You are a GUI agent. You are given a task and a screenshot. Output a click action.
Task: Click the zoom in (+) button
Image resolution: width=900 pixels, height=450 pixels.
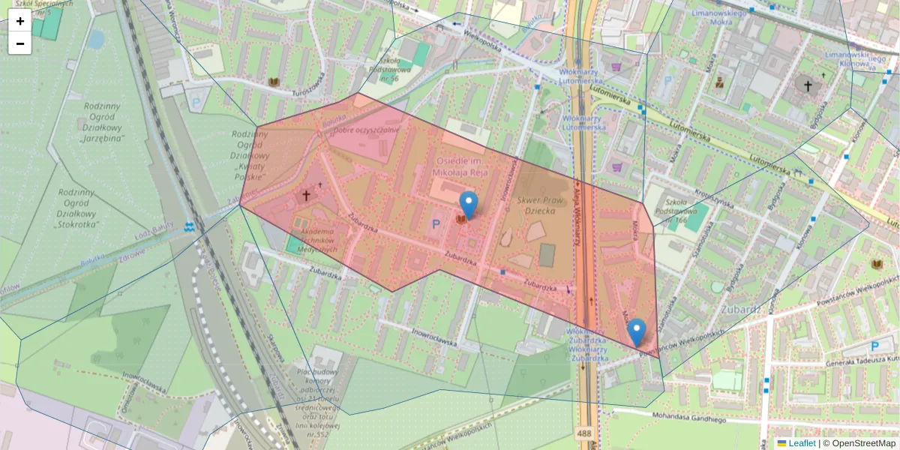[x=20, y=21]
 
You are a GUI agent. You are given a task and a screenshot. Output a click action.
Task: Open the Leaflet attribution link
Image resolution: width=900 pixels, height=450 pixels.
[x=802, y=443]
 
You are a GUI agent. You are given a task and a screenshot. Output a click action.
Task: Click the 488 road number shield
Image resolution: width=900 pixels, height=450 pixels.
[x=584, y=433]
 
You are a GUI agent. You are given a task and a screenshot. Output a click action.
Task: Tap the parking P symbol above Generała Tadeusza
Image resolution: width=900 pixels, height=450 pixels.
[x=875, y=346]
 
